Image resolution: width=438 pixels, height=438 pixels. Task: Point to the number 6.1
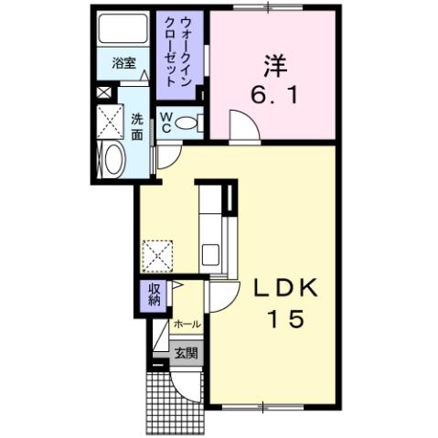click(x=272, y=93)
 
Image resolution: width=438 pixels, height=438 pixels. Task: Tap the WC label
click(x=166, y=123)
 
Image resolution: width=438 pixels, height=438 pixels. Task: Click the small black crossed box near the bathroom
click(x=103, y=91)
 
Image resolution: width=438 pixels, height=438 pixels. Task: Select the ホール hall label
click(x=188, y=325)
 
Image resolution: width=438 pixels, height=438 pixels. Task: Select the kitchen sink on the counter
click(x=208, y=253)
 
